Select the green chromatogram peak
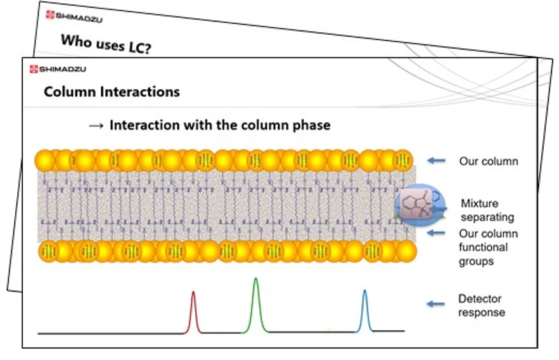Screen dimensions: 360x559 [x=255, y=304]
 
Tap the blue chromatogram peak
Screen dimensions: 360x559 [x=364, y=309]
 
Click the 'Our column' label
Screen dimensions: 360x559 [x=488, y=161]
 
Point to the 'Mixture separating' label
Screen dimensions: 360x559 [x=487, y=210]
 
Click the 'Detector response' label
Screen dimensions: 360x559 [x=481, y=305]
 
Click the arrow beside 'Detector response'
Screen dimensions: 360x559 [x=435, y=304]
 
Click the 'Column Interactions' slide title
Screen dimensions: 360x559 [x=112, y=92]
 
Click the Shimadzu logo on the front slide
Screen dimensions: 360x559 [x=58, y=69]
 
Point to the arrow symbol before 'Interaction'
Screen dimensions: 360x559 [x=96, y=125]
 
